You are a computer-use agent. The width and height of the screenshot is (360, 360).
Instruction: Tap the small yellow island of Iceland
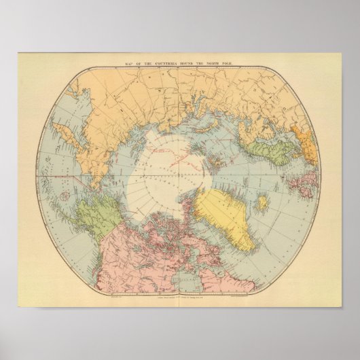pyautogui.click(x=262, y=202)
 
